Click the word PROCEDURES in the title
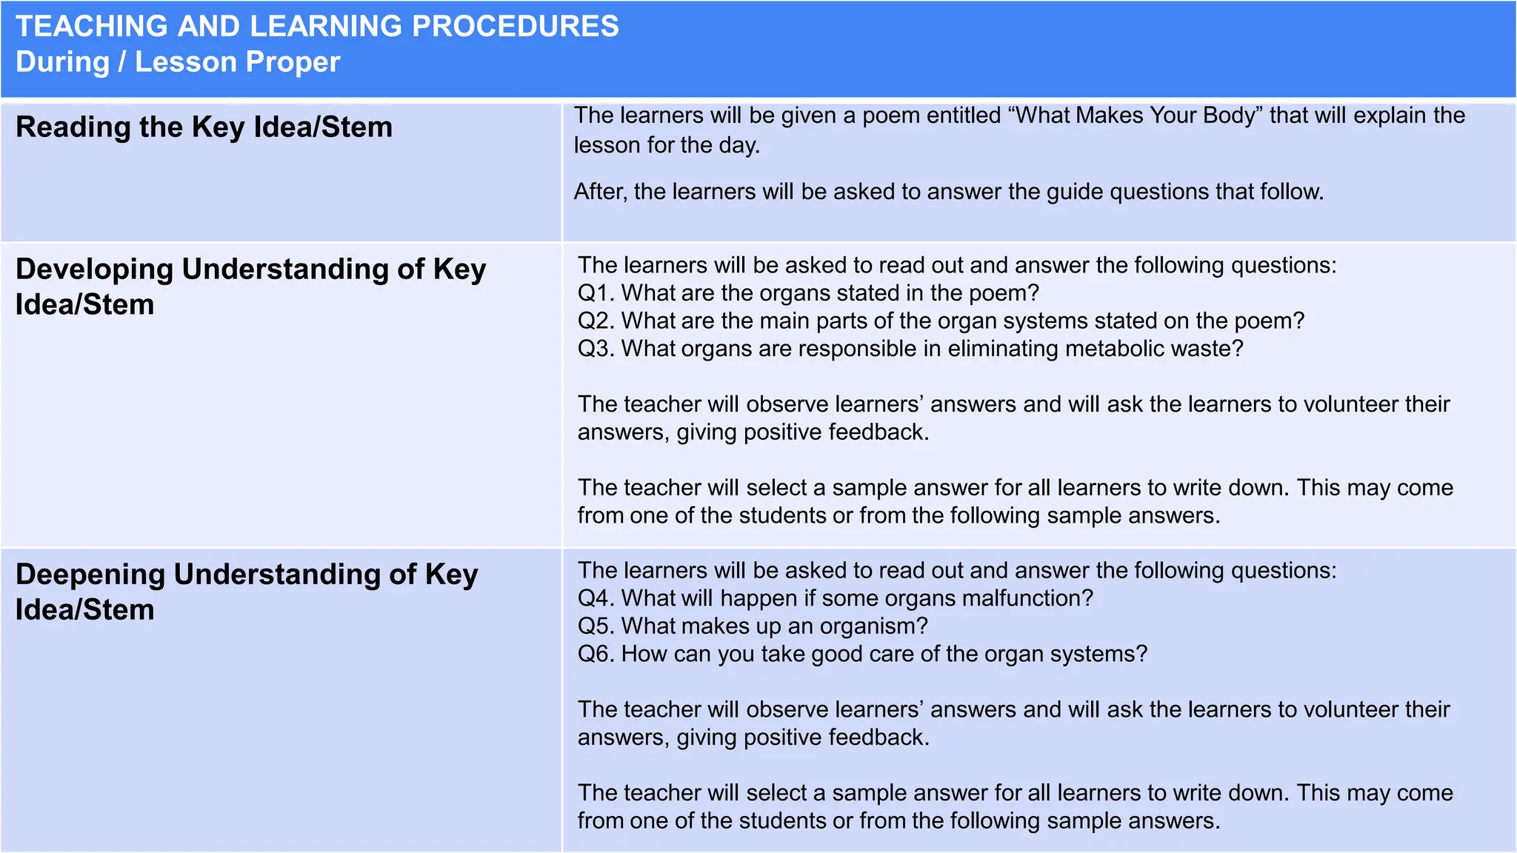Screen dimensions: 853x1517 515,27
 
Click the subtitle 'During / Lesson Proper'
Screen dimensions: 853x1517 178,62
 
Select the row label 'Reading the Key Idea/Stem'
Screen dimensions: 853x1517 204,127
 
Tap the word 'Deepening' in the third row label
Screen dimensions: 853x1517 90,575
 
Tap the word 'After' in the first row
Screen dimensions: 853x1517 600,192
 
